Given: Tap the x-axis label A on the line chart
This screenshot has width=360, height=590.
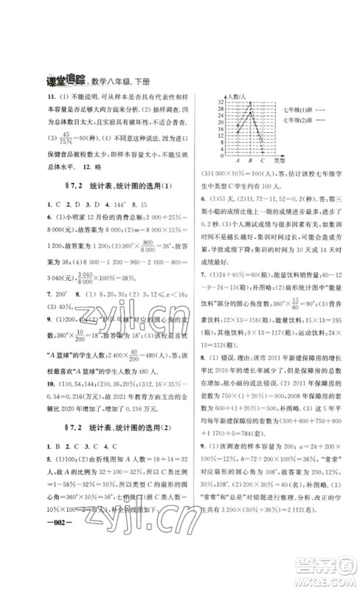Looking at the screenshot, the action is pyautogui.click(x=238, y=160).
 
